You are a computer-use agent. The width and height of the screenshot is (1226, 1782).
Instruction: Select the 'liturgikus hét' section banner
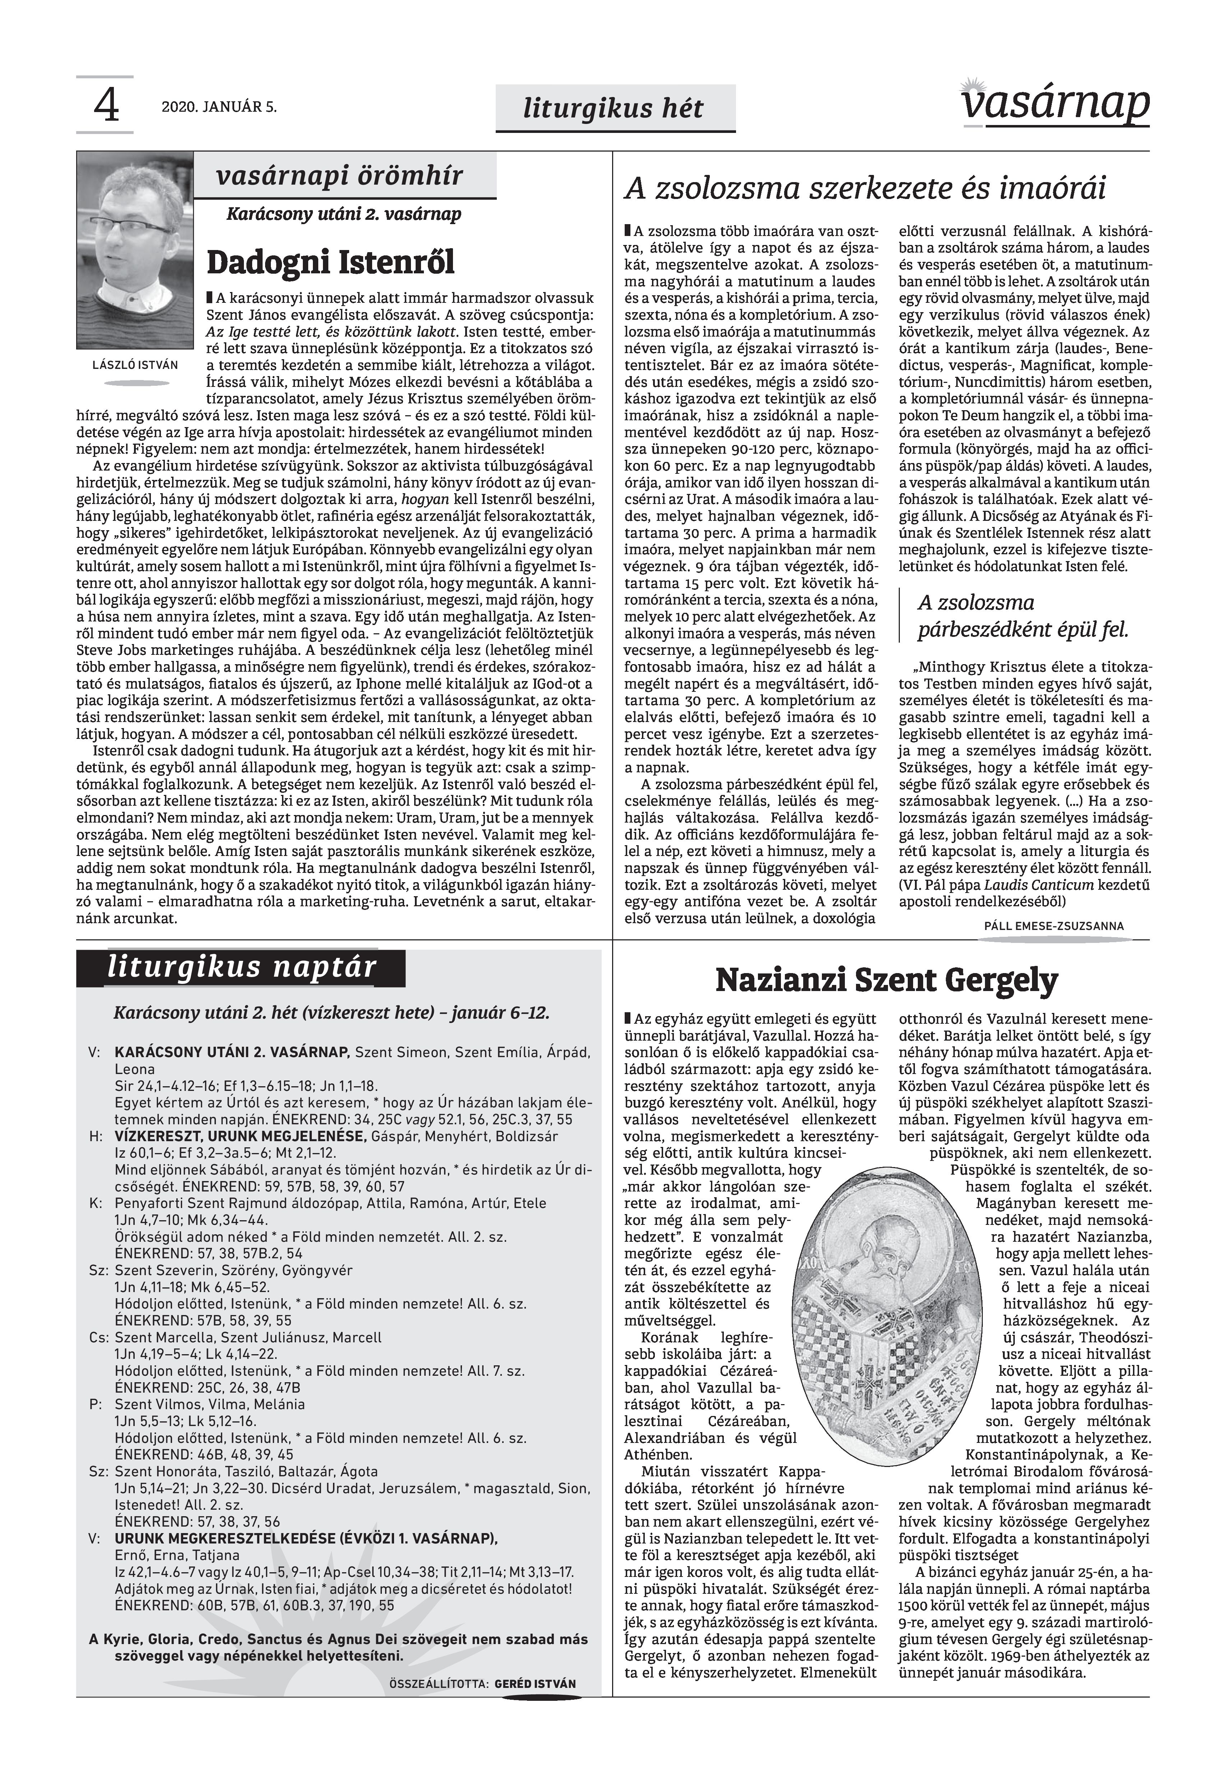pos(615,108)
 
